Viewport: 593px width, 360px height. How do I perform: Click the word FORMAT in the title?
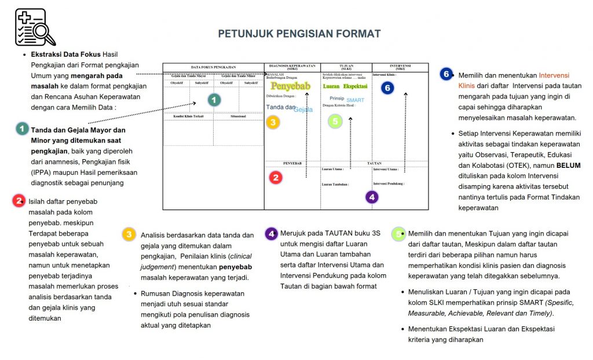tap(358, 34)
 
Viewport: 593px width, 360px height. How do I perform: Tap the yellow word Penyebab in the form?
tap(290, 86)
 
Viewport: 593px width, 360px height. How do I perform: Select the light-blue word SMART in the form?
tap(355, 100)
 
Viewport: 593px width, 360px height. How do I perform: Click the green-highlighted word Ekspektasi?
tap(356, 86)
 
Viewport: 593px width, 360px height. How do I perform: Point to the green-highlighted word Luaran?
tap(331, 86)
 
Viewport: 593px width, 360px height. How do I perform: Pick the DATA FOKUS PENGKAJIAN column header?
tap(213, 67)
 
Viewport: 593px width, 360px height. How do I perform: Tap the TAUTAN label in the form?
tap(374, 164)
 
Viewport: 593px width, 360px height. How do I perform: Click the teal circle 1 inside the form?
tap(214, 100)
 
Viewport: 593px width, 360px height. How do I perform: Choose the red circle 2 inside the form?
tap(276, 178)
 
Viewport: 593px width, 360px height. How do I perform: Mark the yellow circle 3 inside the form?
tap(273, 122)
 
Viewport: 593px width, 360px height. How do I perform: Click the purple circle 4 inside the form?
tap(372, 197)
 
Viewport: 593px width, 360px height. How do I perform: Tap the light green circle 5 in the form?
tap(335, 121)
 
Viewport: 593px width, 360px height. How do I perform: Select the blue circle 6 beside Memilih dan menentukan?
tap(446, 74)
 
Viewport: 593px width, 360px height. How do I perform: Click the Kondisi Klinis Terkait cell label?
tap(189, 116)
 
